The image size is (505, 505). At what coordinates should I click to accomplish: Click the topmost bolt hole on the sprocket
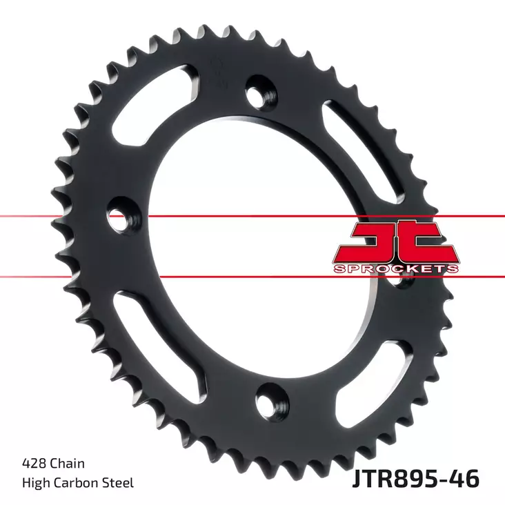point(259,92)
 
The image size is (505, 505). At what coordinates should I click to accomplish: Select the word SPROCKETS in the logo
point(396,267)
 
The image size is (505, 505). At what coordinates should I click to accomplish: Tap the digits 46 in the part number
point(465,477)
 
